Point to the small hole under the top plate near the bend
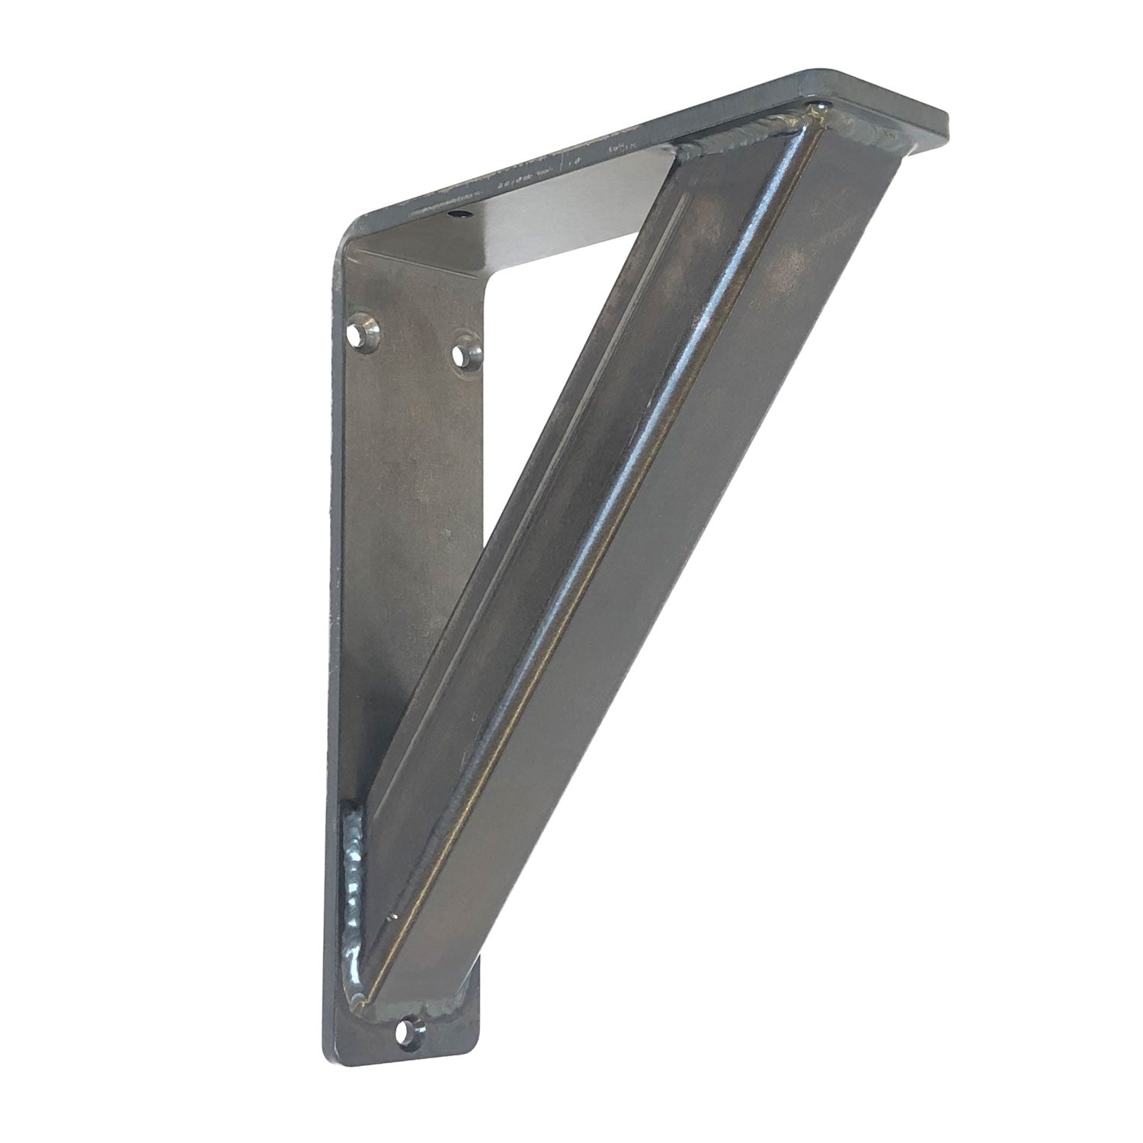(x=459, y=216)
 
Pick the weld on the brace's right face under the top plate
(x=869, y=136)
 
